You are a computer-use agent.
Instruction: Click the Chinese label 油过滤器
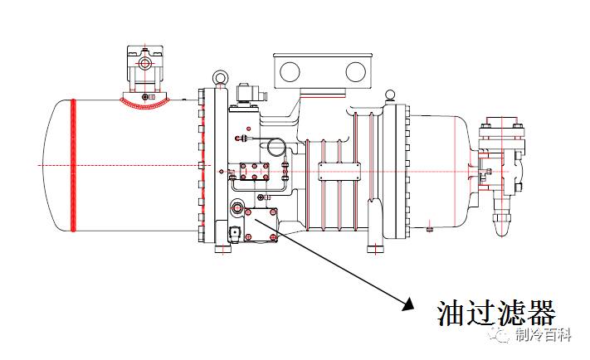point(495,314)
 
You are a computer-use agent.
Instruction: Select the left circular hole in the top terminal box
point(290,71)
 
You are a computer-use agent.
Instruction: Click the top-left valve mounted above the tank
point(145,66)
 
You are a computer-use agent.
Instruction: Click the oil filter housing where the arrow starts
point(257,224)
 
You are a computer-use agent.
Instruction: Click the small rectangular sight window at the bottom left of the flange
point(234,233)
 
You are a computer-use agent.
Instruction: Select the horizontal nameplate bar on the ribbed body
point(339,172)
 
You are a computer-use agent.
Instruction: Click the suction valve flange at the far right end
point(501,149)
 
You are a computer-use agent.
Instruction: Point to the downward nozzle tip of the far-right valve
point(502,223)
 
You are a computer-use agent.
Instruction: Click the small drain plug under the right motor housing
point(429,228)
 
